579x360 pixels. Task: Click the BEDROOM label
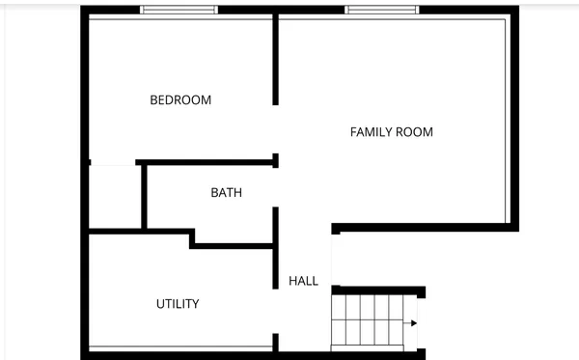[x=180, y=100]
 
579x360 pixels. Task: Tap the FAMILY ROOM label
[x=391, y=132]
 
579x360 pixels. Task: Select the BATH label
[x=226, y=193]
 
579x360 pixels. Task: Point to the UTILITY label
[x=178, y=304]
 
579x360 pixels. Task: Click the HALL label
[x=303, y=282]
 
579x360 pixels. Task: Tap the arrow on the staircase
[x=412, y=323]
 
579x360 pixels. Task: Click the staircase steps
[x=367, y=321]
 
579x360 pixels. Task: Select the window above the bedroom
[x=179, y=10]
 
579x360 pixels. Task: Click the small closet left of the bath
[x=115, y=197]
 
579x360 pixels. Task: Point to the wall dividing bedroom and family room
[x=276, y=58]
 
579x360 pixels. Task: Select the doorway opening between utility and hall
[x=276, y=311]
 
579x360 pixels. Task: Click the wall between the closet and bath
[x=143, y=196]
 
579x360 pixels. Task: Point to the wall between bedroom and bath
[x=207, y=161]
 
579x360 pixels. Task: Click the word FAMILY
[x=371, y=132]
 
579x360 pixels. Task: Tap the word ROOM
[x=415, y=132]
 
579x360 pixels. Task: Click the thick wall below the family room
[x=425, y=228]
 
